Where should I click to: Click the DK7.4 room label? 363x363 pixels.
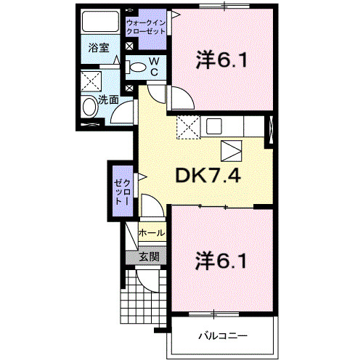pos(208,176)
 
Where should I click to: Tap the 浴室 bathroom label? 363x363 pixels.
pos(99,48)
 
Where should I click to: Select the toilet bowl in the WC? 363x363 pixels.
pos(136,68)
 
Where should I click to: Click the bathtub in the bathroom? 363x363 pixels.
pos(100,21)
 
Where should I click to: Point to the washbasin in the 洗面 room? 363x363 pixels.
pos(90,107)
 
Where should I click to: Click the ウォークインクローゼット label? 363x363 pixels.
pos(146,27)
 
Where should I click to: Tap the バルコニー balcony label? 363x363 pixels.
pos(223,336)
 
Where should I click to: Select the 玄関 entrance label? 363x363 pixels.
pos(149,257)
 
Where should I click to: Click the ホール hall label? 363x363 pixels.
pos(152,233)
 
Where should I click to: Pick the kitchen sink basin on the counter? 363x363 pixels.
pos(214,126)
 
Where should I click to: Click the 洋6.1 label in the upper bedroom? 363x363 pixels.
pos(222,60)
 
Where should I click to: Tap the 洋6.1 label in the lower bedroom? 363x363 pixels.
pos(221,261)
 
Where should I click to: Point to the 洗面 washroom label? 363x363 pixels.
pos(108,99)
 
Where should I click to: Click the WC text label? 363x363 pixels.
pos(154,67)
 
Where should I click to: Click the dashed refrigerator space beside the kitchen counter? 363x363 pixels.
pos(189,127)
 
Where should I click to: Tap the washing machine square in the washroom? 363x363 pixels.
pos(91,81)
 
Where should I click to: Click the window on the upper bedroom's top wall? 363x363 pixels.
pos(224,6)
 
